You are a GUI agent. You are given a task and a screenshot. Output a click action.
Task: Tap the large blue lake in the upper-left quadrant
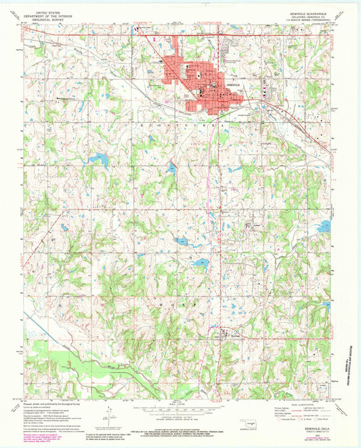click(100, 160)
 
